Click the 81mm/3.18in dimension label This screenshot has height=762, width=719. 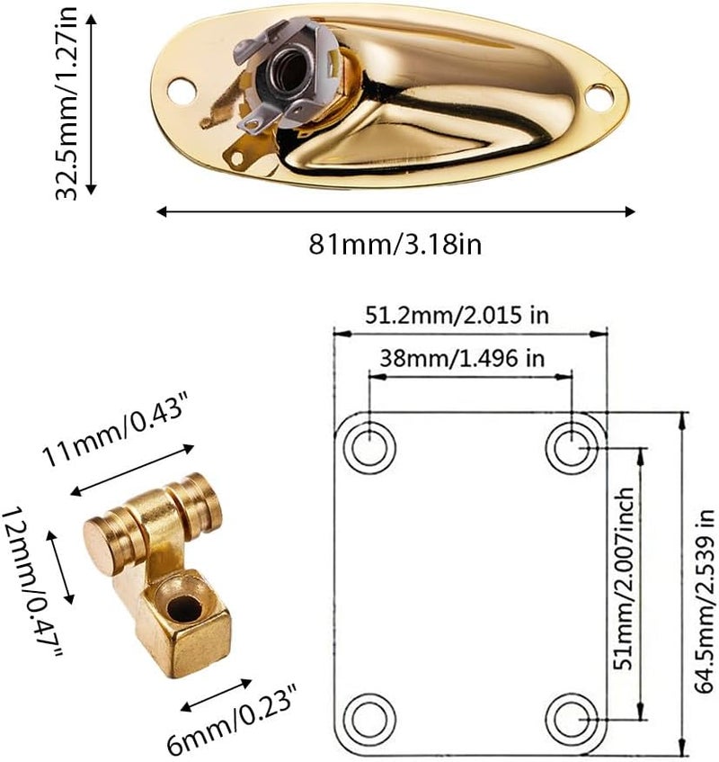[395, 244]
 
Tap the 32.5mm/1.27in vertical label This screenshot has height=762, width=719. [67, 103]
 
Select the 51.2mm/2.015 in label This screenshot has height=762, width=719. [457, 316]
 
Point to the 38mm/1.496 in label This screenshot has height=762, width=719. [462, 359]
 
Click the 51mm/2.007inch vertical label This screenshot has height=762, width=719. [624, 578]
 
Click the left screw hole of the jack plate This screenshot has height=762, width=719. [182, 91]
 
